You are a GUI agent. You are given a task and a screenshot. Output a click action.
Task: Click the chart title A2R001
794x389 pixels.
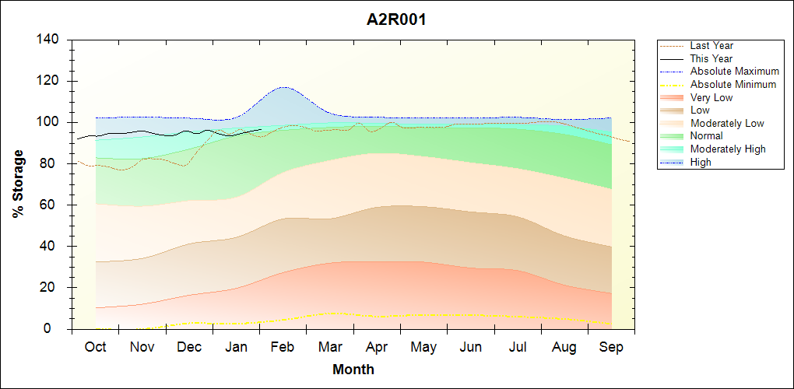[396, 19]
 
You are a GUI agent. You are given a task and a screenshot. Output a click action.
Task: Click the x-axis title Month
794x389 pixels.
[353, 370]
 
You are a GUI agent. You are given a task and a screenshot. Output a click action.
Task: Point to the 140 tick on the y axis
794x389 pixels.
[51, 40]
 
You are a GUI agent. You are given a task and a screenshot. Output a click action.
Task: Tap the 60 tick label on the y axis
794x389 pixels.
[54, 205]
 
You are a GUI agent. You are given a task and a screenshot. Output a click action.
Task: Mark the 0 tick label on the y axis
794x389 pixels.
[58, 329]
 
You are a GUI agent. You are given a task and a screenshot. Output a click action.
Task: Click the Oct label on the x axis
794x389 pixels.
[95, 348]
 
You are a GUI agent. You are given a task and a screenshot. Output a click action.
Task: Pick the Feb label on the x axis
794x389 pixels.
[283, 348]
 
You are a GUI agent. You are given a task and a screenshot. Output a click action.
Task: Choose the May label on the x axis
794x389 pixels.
[423, 348]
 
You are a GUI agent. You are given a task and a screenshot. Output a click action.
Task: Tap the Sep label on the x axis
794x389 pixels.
[611, 348]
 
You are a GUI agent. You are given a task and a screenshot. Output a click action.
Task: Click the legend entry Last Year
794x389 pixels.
[711, 46]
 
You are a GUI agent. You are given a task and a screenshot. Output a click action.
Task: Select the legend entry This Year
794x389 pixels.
[711, 58]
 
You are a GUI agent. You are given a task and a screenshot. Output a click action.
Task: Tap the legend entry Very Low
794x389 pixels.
[711, 97]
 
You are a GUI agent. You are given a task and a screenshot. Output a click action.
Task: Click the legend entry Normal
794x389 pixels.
[707, 136]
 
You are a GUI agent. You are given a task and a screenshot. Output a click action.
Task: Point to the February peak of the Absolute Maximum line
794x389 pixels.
[283, 87]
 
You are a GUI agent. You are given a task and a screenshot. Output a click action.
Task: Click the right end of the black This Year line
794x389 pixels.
[262, 130]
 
